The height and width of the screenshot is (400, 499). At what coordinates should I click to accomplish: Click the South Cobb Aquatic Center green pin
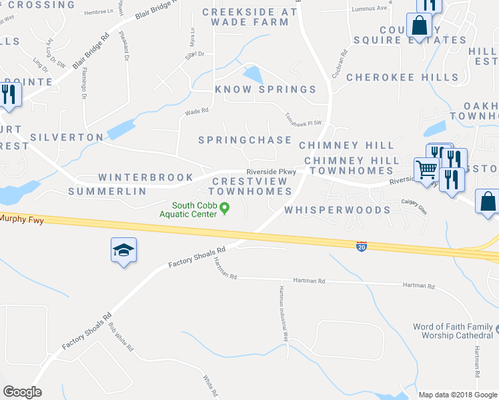pos(225,209)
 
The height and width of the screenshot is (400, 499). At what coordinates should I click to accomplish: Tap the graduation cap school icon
pos(123,251)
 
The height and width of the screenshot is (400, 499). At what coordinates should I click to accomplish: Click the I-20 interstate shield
pos(361,246)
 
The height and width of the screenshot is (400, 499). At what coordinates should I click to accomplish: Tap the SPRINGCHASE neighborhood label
pos(245,140)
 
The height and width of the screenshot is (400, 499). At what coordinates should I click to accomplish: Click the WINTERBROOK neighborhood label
pos(145,177)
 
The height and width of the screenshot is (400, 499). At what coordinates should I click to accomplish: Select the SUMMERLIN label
pos(107,191)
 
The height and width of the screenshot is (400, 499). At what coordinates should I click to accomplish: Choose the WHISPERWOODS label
pos(337,210)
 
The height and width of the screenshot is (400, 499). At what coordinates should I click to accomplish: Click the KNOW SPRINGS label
pos(266,89)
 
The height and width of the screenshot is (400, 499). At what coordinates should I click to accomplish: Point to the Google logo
pos(22,392)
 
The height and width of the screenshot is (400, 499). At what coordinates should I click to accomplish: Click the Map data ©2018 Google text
pos(458,395)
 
